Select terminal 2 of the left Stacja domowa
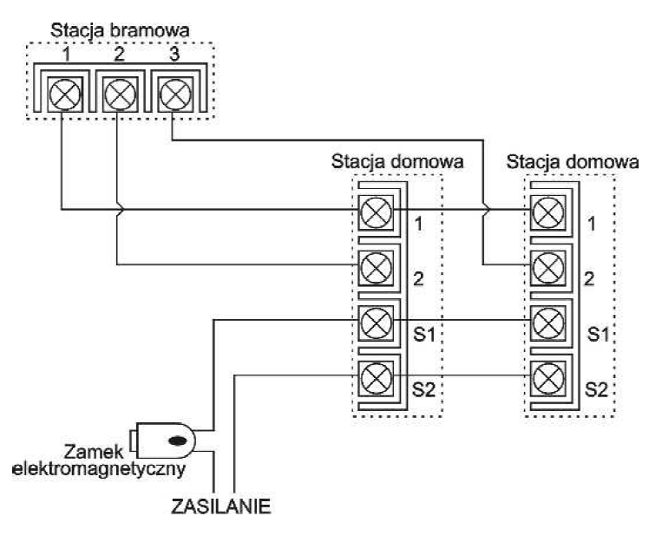point(376,264)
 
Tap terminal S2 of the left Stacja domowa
point(376,375)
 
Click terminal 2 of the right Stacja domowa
point(547,264)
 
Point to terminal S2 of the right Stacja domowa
point(547,375)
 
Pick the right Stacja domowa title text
point(573,161)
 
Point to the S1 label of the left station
point(424,334)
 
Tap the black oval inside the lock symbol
point(175,440)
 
